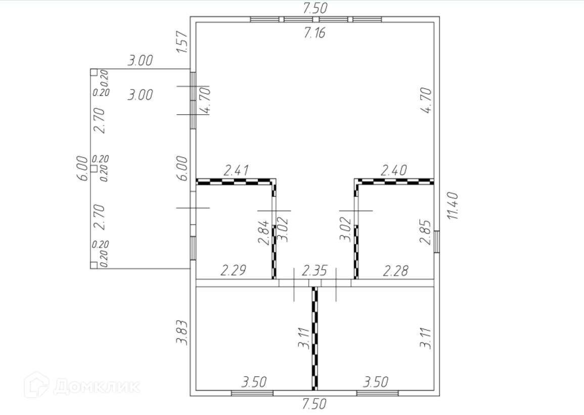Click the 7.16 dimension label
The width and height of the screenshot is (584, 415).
pos(315,34)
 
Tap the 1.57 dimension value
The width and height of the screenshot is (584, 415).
pos(183,43)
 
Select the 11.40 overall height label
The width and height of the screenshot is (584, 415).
pos(452,205)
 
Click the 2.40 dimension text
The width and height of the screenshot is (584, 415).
pos(394,171)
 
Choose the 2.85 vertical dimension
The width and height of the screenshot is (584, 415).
pos(426,232)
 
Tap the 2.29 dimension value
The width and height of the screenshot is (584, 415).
pos(233,271)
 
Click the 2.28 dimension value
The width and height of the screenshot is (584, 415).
pos(395,271)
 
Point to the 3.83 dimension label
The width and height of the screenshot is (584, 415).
pos(182,333)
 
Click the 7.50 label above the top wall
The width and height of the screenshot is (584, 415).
pos(315,8)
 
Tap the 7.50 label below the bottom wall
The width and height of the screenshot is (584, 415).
pos(315,404)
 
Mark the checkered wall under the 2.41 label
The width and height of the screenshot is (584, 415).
pos(236,181)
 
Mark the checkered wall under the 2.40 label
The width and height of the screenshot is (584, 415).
pos(394,181)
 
